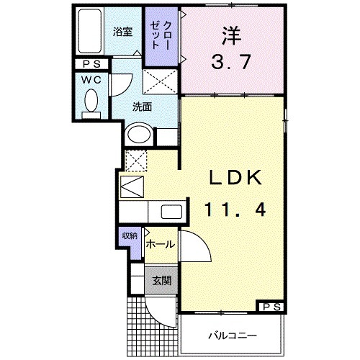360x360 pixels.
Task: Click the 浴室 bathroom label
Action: (x=123, y=32)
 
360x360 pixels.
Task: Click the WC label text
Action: (x=91, y=78)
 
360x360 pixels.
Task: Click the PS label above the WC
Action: (x=91, y=63)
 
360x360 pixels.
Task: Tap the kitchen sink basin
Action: (x=171, y=212)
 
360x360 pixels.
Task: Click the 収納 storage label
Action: (x=129, y=236)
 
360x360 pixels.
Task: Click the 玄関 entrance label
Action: (x=160, y=280)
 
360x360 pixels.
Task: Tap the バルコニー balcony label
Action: (x=228, y=336)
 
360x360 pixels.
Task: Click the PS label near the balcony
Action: (x=271, y=307)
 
